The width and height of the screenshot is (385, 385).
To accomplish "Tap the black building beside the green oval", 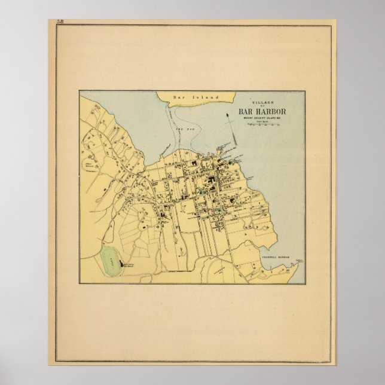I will point(123,263).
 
